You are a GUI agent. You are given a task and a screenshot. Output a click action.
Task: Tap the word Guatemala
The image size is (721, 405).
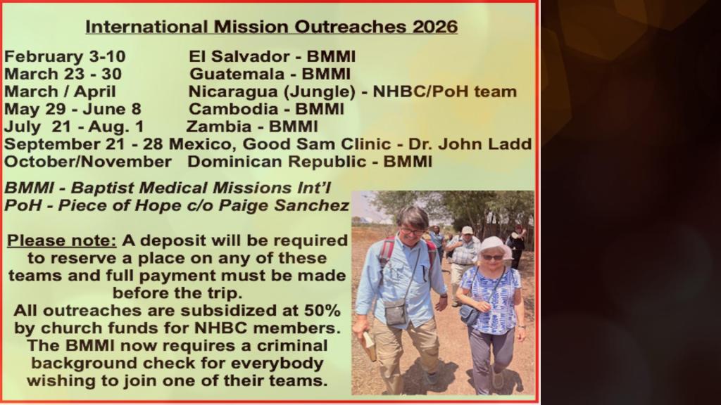click(237, 74)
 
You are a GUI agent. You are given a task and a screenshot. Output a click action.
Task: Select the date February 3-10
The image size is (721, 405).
click(65, 56)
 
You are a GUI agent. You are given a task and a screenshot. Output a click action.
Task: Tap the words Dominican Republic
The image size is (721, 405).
click(277, 162)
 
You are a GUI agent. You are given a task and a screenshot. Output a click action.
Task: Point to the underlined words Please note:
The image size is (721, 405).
click(62, 240)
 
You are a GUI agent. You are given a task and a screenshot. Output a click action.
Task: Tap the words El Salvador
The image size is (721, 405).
click(239, 56)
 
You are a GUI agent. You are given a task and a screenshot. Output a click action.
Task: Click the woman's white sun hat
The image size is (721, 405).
click(494, 247)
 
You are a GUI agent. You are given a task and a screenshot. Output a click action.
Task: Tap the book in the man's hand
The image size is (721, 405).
click(368, 345)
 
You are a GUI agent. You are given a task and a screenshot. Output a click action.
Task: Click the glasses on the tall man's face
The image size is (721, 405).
click(413, 231)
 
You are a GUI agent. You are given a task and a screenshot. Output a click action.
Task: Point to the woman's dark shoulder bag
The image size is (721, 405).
click(470, 315)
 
